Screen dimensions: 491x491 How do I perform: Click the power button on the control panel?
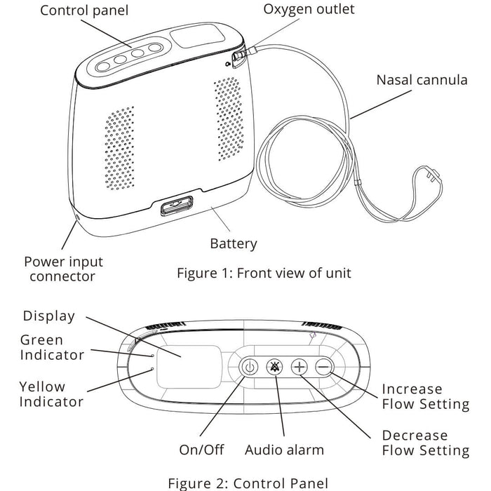pyautogui.click(x=250, y=366)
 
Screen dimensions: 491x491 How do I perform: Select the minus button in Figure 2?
pyautogui.click(x=323, y=366)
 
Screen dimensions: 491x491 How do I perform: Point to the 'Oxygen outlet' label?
pyautogui.click(x=309, y=9)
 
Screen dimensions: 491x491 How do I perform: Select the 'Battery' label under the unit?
pyautogui.click(x=234, y=244)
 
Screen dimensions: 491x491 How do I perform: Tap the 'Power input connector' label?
pyautogui.click(x=63, y=269)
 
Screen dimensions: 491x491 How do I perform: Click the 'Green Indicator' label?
pyautogui.click(x=52, y=347)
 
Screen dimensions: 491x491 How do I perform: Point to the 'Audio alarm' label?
pyautogui.click(x=284, y=450)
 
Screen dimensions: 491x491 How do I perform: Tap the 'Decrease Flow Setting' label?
pyautogui.click(x=425, y=443)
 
